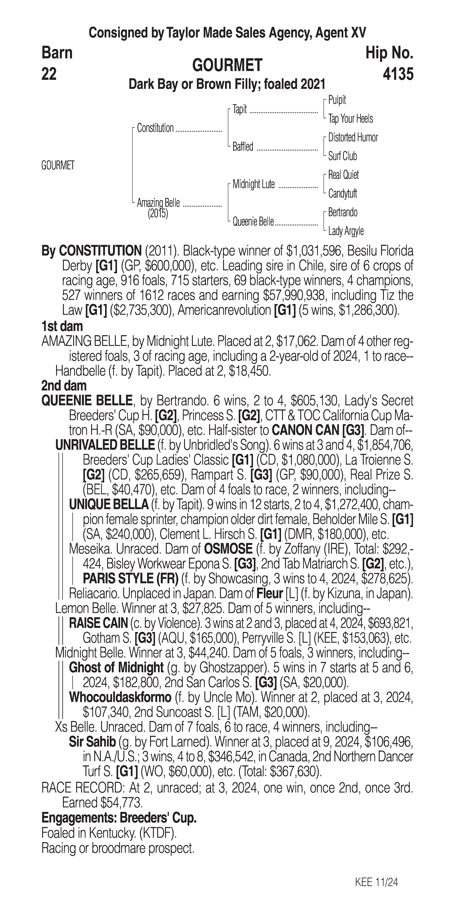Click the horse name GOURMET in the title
tap(227, 65)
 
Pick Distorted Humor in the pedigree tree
tap(353, 137)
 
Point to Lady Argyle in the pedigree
tap(346, 231)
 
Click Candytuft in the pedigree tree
tap(343, 193)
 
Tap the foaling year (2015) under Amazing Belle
tap(158, 214)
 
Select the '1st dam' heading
tap(62, 326)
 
